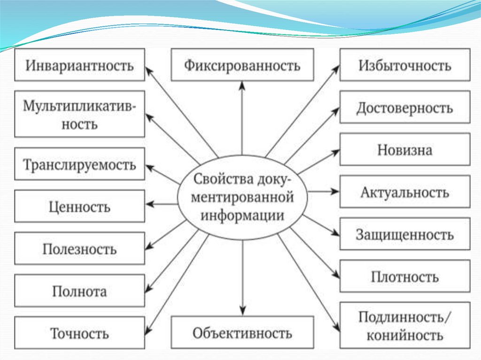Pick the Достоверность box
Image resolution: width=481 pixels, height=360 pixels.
404,107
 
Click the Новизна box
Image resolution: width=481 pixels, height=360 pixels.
404,150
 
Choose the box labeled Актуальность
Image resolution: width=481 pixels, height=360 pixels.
404,192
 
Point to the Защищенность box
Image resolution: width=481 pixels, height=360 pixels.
404,234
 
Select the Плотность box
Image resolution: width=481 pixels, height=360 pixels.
404,276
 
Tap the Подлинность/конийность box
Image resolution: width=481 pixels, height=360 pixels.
404,326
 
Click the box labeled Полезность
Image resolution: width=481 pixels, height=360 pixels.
79,249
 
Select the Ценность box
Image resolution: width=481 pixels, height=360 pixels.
79,206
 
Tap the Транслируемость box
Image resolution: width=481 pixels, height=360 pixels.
79,164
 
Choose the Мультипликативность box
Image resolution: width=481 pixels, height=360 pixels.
79,115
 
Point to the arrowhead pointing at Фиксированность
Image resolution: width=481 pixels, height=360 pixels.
242,85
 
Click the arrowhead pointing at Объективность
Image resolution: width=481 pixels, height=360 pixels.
242,311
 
